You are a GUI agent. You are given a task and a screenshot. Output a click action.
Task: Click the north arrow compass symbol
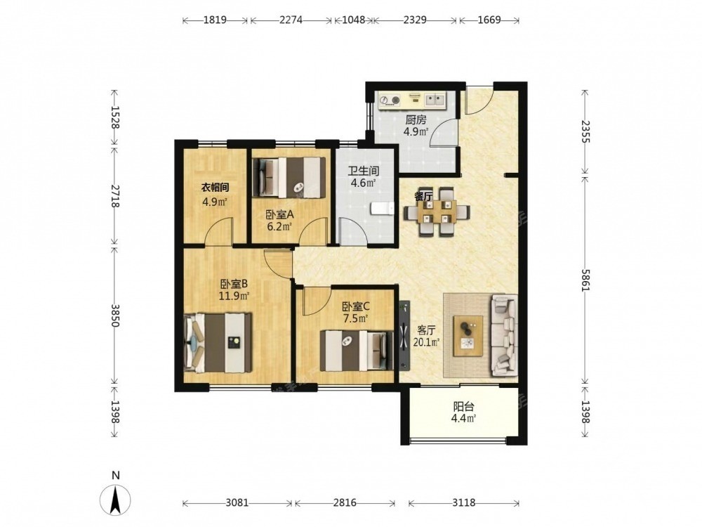click(116, 497)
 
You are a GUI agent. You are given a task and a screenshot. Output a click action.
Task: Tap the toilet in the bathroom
click(381, 209)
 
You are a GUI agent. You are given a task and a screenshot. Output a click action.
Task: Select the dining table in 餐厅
click(437, 212)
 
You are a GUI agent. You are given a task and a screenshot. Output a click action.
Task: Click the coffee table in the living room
click(468, 336)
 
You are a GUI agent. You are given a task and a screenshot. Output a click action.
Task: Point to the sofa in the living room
click(505, 335)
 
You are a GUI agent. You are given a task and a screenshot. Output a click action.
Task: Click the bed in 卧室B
click(218, 343)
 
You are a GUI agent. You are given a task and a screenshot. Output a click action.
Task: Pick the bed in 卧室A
click(289, 177)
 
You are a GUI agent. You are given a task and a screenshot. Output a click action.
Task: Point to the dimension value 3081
click(237, 503)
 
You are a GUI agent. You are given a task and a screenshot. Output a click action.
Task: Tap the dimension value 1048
click(353, 20)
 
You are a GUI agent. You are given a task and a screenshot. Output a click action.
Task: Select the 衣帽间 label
click(215, 188)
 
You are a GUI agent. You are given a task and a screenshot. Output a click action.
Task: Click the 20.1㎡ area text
click(426, 342)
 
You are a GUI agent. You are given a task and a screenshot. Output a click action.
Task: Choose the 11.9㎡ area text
click(234, 295)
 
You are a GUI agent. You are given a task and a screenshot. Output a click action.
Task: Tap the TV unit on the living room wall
click(405, 335)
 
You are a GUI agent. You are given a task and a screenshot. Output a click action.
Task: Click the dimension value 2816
click(345, 503)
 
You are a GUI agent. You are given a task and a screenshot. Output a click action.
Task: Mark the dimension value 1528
click(115, 118)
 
